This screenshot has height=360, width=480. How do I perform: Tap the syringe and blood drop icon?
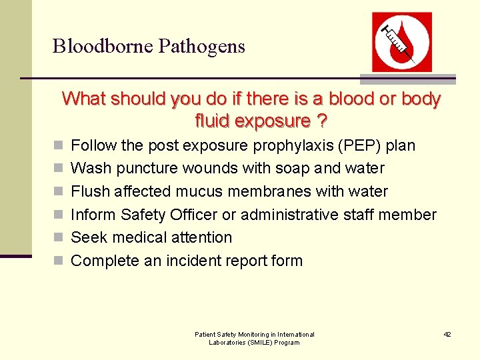(401, 41)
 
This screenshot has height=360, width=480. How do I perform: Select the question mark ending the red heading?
(322, 121)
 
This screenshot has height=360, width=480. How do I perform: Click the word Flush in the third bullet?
(90, 191)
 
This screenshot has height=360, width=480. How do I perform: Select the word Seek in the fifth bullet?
(87, 237)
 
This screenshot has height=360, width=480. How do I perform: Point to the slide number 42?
(447, 334)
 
